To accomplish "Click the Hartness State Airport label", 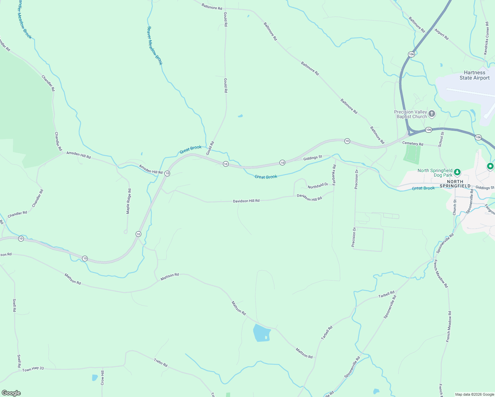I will click(474, 75).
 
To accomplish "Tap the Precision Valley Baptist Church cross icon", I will click(431, 114).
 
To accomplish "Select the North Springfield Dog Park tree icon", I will click(457, 172).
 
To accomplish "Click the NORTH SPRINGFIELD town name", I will click(455, 184).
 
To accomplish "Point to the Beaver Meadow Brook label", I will click(155, 46).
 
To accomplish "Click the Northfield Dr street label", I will click(318, 186).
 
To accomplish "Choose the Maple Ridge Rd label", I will click(129, 201).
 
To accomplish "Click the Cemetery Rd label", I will click(413, 144).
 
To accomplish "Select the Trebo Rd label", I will click(161, 363).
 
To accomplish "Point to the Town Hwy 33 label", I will click(33, 369).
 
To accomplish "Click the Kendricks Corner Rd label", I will click(486, 38).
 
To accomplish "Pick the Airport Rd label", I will click(441, 34).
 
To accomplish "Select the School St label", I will click(441, 139).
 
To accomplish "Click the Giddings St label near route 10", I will click(312, 158).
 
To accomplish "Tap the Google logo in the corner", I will click(11, 393).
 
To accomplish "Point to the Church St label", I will click(455, 207).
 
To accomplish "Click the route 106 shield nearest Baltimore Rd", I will click(411, 54).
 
